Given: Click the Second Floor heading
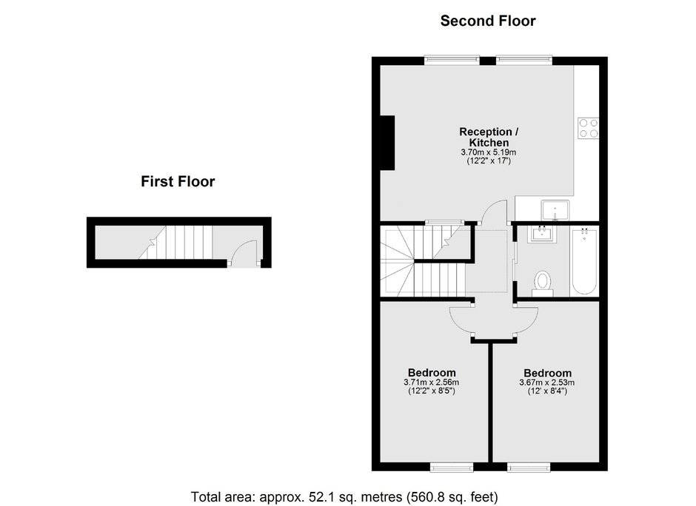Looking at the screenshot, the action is click(488, 21).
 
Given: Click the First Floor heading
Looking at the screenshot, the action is click(178, 181).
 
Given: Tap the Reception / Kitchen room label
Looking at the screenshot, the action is click(489, 137).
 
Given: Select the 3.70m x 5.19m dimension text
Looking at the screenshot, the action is click(489, 152).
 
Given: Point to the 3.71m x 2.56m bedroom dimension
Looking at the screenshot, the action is click(432, 382).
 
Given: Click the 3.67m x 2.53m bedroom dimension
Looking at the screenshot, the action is click(547, 382).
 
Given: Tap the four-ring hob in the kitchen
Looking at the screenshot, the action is click(589, 128).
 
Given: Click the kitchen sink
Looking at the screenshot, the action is click(555, 210).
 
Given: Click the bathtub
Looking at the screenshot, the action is click(584, 261).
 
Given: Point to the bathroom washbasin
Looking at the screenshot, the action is click(541, 235).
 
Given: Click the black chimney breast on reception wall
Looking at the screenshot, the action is click(387, 143).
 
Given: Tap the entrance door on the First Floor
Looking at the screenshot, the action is click(244, 254).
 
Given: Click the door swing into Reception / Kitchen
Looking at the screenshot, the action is click(495, 211).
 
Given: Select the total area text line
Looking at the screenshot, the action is click(344, 496).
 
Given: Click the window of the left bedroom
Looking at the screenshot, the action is click(452, 467).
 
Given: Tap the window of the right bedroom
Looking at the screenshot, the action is click(529, 467).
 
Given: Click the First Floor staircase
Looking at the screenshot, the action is click(175, 243).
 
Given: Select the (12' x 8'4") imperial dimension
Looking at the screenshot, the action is click(547, 391).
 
